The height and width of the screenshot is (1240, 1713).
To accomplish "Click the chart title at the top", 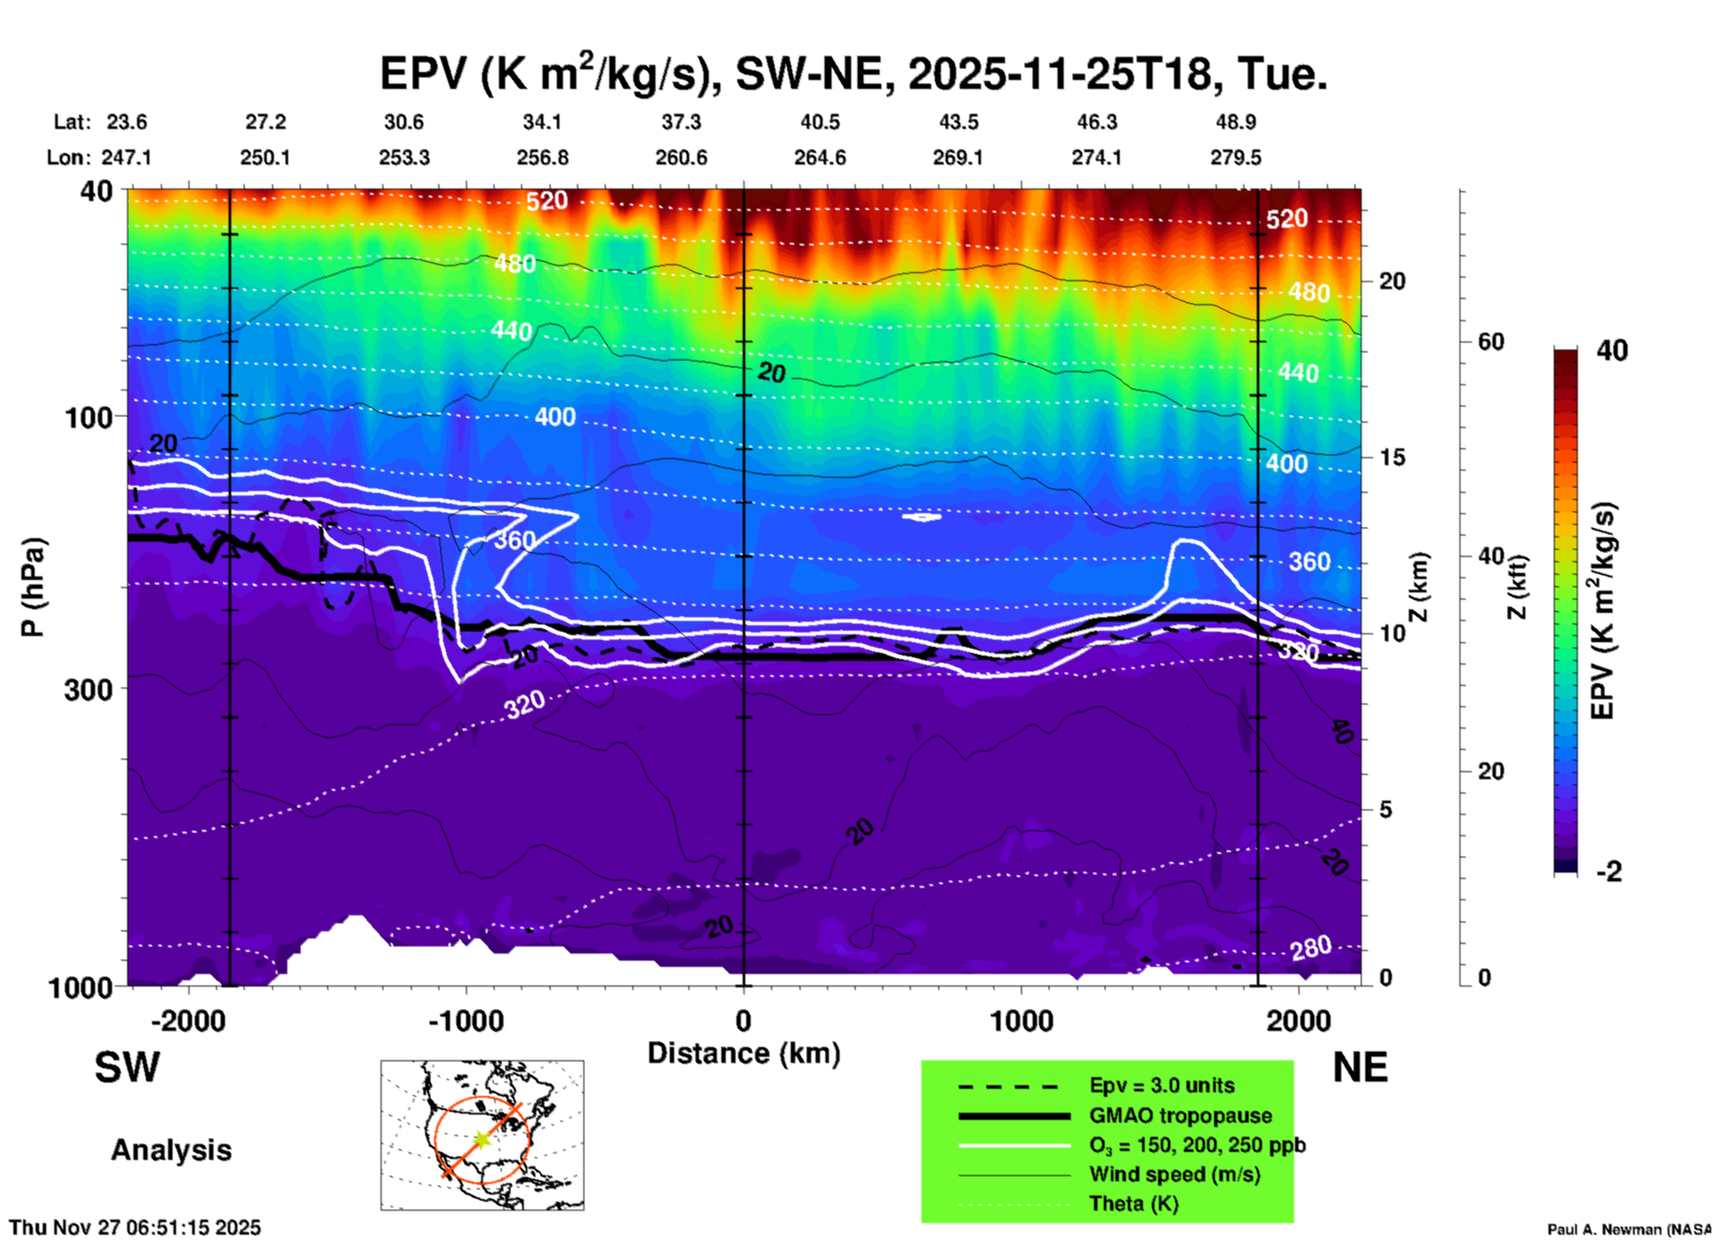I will (x=853, y=73).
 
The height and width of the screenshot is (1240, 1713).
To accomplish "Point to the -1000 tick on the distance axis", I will (x=465, y=1021).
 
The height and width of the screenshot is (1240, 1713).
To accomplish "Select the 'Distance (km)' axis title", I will (x=744, y=1053).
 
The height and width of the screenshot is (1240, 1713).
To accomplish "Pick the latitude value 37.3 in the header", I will (x=681, y=122).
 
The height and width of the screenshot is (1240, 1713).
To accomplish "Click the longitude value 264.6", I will (x=820, y=157).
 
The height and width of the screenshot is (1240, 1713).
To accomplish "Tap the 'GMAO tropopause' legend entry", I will (x=1180, y=1115).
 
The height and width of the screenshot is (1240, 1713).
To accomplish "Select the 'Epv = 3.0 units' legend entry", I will (x=1162, y=1086).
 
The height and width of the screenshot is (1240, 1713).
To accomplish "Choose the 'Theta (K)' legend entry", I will (x=1133, y=1204).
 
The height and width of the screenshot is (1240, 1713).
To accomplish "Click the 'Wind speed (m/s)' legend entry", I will (x=1174, y=1174).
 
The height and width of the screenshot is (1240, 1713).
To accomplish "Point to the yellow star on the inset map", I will (x=481, y=1139).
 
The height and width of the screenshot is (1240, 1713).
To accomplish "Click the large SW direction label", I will (x=127, y=1067).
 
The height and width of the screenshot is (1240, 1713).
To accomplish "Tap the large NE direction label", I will (x=1360, y=1067).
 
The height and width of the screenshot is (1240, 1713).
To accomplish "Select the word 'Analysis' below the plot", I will (x=171, y=1149).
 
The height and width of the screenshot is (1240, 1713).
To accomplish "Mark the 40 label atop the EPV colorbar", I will (x=1612, y=350).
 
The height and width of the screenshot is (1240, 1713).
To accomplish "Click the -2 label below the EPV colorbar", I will (x=1609, y=872).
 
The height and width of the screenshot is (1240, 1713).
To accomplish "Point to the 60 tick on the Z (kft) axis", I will (x=1491, y=342).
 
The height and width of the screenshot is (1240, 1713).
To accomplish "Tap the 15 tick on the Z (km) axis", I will (x=1392, y=457).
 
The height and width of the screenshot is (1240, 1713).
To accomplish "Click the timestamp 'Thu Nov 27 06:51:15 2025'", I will (x=135, y=1228).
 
